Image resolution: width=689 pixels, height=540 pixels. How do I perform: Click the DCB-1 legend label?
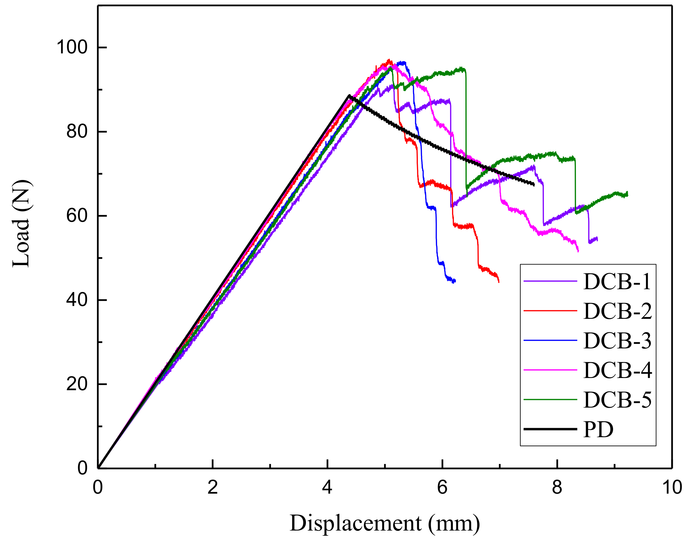click(x=617, y=281)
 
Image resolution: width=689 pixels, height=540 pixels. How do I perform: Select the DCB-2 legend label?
click(x=617, y=311)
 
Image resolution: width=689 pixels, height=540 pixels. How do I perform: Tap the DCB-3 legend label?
click(x=617, y=340)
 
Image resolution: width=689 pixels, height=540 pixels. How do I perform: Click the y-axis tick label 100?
click(x=72, y=47)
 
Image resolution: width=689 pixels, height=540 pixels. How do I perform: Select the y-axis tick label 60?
click(x=77, y=216)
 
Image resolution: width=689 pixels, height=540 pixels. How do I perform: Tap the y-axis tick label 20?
click(x=77, y=384)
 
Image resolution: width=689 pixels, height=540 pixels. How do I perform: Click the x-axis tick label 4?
click(x=328, y=487)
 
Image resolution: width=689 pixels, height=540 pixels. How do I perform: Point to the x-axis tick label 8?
click(x=557, y=487)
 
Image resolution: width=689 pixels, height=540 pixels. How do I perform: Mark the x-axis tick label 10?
click(x=672, y=487)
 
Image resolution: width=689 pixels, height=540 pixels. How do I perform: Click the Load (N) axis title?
click(x=21, y=224)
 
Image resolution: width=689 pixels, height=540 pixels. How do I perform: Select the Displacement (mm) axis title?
click(x=385, y=523)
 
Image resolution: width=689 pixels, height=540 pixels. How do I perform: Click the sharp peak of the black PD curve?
click(x=349, y=95)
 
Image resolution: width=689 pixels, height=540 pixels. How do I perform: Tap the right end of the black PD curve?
click(x=534, y=185)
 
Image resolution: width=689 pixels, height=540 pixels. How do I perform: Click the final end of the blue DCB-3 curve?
click(x=455, y=281)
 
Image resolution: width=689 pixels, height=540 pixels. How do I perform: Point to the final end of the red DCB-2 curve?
click(x=499, y=282)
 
